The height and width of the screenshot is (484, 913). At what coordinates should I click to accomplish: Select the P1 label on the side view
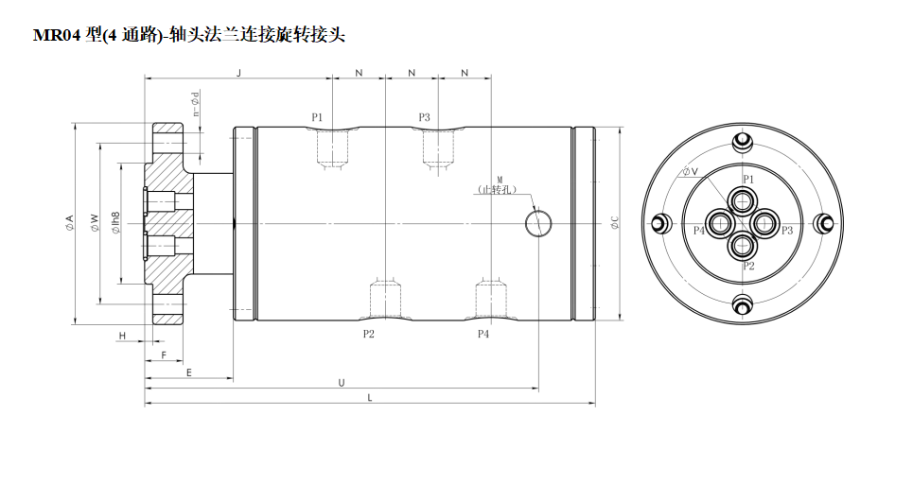click(317, 117)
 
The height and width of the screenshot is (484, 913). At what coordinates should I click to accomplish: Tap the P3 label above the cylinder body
click(424, 117)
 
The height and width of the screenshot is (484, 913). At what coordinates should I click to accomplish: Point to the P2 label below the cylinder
click(370, 334)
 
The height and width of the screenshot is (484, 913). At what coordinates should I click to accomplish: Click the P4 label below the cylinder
click(483, 334)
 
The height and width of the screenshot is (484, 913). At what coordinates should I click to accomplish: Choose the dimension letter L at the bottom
click(370, 398)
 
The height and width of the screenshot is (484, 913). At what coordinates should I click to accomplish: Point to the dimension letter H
click(122, 337)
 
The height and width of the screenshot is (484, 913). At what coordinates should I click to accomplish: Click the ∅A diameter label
click(69, 223)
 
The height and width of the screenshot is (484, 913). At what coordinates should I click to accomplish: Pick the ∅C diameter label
click(614, 223)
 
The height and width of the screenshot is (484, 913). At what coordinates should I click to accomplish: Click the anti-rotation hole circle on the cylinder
click(539, 222)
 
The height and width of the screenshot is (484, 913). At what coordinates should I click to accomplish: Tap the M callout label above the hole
click(499, 179)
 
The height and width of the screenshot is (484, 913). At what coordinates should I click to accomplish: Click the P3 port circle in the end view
click(764, 223)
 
